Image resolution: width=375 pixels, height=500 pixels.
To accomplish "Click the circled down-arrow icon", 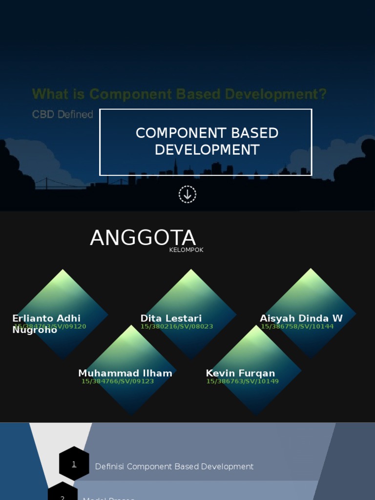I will pyautogui.click(x=187, y=194).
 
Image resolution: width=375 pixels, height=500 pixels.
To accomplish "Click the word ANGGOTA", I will pyautogui.click(x=143, y=238).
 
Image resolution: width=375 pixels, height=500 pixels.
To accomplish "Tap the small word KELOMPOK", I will pyautogui.click(x=186, y=250).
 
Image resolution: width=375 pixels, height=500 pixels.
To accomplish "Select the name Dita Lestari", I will pyautogui.click(x=171, y=318).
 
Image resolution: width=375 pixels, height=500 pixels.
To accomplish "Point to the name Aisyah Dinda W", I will pyautogui.click(x=301, y=318).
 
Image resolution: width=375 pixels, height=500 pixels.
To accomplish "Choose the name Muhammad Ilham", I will pyautogui.click(x=125, y=373).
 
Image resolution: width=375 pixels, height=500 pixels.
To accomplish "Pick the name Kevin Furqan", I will pyautogui.click(x=240, y=373).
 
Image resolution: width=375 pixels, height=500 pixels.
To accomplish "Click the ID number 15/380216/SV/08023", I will pyautogui.click(x=177, y=327).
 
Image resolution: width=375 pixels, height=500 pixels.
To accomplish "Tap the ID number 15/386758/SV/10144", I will pyautogui.click(x=297, y=327).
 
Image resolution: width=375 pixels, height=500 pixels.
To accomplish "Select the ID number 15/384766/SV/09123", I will pyautogui.click(x=118, y=381).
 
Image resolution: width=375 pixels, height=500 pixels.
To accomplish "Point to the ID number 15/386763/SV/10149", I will pyautogui.click(x=242, y=381).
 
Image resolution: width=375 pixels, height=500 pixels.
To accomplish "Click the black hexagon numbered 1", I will pyautogui.click(x=74, y=464).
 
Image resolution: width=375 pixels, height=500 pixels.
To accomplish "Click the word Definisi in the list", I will pyautogui.click(x=109, y=467).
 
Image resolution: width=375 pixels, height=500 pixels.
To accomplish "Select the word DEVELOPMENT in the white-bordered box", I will pyautogui.click(x=207, y=150).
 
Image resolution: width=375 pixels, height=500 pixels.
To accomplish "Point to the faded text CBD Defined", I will pyautogui.click(x=62, y=114).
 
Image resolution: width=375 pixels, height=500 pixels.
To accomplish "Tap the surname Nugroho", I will pyautogui.click(x=35, y=330).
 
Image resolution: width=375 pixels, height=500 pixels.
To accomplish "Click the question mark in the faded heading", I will pyautogui.click(x=322, y=94).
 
